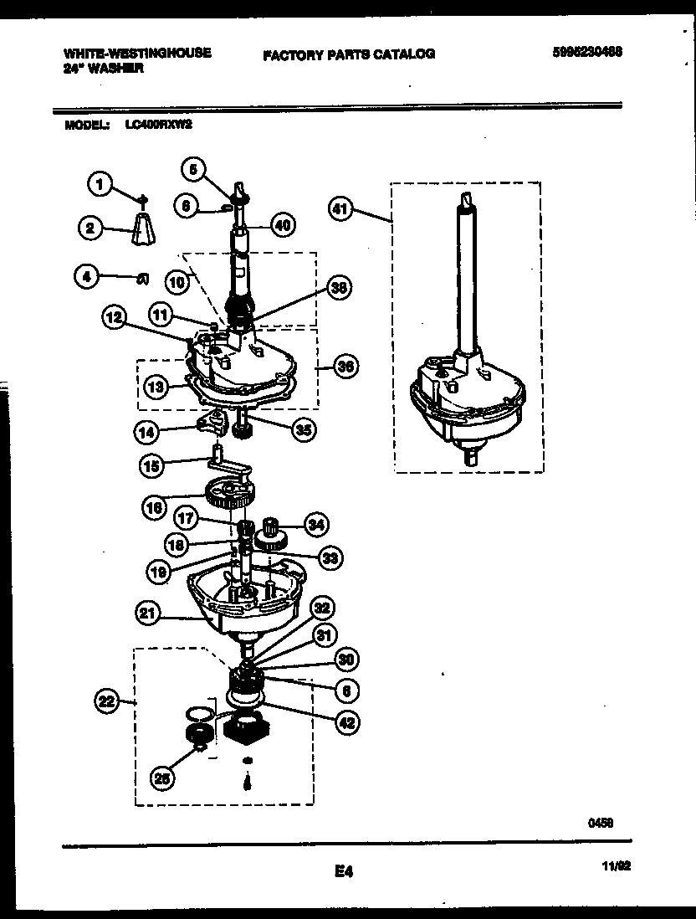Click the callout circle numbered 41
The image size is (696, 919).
[339, 211]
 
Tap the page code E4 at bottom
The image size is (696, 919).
[343, 871]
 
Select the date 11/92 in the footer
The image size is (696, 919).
[615, 869]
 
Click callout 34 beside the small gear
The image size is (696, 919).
[315, 525]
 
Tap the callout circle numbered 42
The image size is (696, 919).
[345, 722]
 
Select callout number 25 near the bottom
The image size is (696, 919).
[164, 778]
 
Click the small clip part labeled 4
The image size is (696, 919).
[142, 278]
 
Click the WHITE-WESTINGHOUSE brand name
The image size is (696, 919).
[137, 52]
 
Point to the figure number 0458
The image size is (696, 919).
[601, 823]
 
